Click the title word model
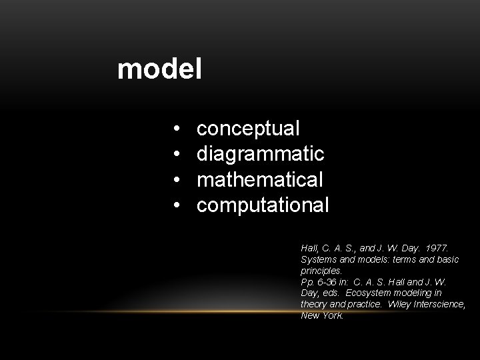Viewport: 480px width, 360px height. click(x=159, y=69)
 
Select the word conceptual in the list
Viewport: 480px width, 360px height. click(x=249, y=128)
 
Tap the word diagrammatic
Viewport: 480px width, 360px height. click(x=261, y=154)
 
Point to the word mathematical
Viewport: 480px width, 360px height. click(x=261, y=179)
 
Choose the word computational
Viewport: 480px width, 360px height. click(x=263, y=205)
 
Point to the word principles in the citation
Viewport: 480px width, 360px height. click(x=321, y=271)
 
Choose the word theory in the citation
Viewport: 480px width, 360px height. click(x=315, y=305)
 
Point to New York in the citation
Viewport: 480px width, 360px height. click(x=322, y=316)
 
